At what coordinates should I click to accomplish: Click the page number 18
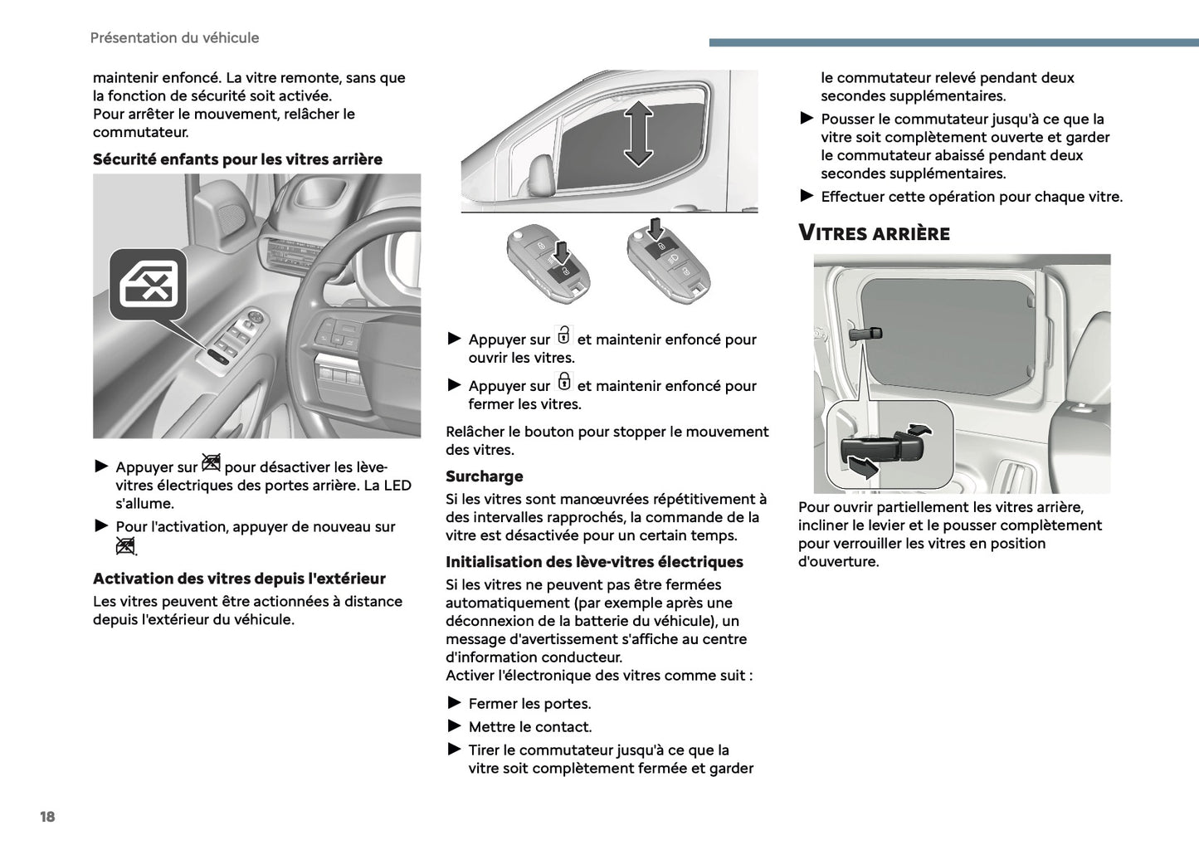pos(47,817)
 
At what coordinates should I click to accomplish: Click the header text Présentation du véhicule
pos(174,38)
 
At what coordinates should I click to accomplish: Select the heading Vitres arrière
pos(874,233)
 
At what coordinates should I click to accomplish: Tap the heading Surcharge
pos(484,476)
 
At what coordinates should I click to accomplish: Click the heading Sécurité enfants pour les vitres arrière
pos(237,159)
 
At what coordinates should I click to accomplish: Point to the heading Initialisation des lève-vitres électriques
pos(594,562)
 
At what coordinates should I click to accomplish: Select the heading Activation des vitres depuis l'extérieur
pos(239,579)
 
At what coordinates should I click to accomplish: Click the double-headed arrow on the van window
pos(637,133)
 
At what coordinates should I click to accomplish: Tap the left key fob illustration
pos(548,265)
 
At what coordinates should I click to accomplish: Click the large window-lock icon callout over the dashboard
pos(149,284)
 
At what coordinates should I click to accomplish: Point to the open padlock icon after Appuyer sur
pos(563,335)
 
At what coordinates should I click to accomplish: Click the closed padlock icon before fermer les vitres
pos(563,382)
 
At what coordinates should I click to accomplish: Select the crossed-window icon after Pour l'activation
pos(125,546)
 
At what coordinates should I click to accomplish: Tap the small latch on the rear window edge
pos(865,335)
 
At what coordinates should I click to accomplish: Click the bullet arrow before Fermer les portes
pos(454,703)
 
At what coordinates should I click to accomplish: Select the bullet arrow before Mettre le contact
pos(454,726)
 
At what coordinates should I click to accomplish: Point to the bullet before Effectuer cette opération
pos(807,196)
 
